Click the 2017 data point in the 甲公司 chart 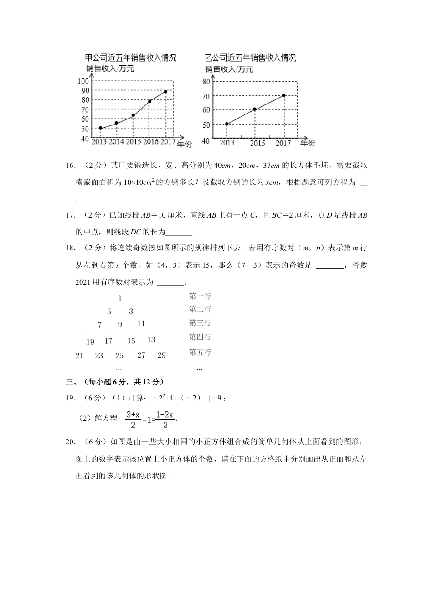coord(165,92)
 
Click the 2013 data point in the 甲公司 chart coord(100,128)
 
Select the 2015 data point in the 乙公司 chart coord(254,109)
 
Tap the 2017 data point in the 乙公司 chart coord(284,95)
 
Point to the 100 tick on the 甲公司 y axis coord(83,81)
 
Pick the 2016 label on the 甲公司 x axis coord(151,142)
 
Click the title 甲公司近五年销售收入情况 coord(131,58)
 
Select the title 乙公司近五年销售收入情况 coord(250,58)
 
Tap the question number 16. coord(70,166)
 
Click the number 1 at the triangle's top coord(120,298)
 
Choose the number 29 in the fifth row coord(161,355)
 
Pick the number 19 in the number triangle coord(90,342)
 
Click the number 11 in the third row coord(141,323)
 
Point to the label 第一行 coord(200,296)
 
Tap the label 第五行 coord(200,352)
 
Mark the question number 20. coord(70,442)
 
